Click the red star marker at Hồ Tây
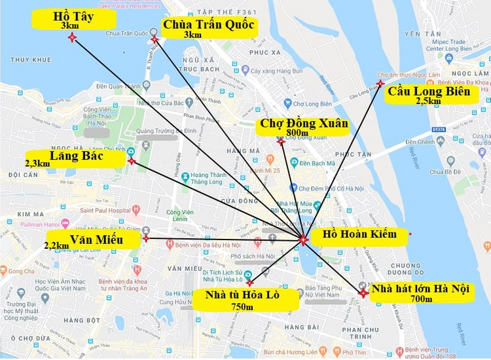coord(72,38)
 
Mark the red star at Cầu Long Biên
coord(380,83)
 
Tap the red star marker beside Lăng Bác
coord(132,160)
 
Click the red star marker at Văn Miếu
coord(146,238)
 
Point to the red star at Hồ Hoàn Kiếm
coord(302,240)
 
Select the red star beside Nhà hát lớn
coord(363,293)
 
